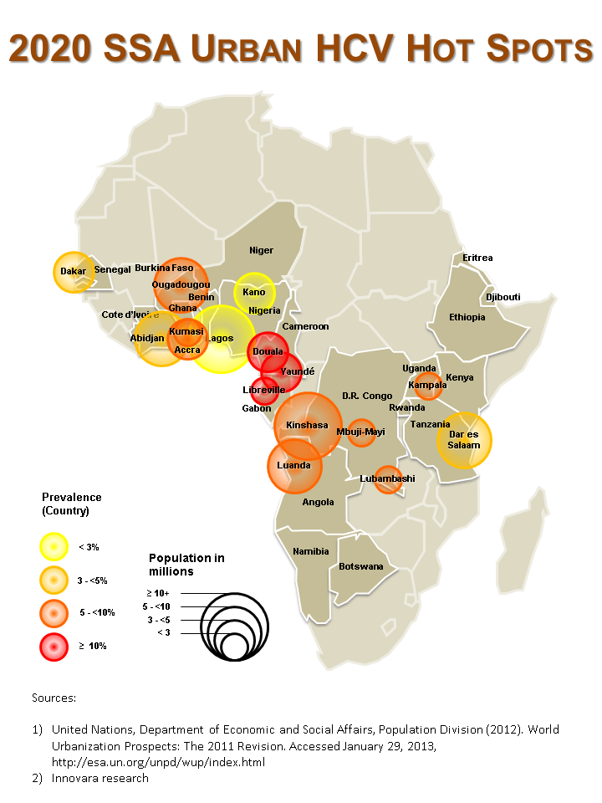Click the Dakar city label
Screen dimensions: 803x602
click(74, 271)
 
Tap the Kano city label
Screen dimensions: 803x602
click(254, 292)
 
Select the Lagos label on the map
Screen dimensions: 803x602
click(220, 338)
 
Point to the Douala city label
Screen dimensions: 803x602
click(268, 351)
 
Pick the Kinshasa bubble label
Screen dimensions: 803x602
click(307, 425)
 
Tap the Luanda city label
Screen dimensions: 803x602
click(293, 465)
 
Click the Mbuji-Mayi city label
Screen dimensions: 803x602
click(360, 432)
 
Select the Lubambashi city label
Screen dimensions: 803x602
click(387, 478)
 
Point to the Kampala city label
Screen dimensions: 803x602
click(427, 385)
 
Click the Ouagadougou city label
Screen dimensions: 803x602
click(181, 284)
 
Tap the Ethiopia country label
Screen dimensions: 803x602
click(467, 317)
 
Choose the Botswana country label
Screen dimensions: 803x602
click(361, 566)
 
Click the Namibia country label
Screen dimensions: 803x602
click(310, 551)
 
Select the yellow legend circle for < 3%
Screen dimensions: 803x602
click(53, 546)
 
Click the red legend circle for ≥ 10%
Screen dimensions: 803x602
click(53, 646)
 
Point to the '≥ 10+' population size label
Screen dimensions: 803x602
click(159, 592)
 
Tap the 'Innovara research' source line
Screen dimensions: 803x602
click(100, 778)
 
